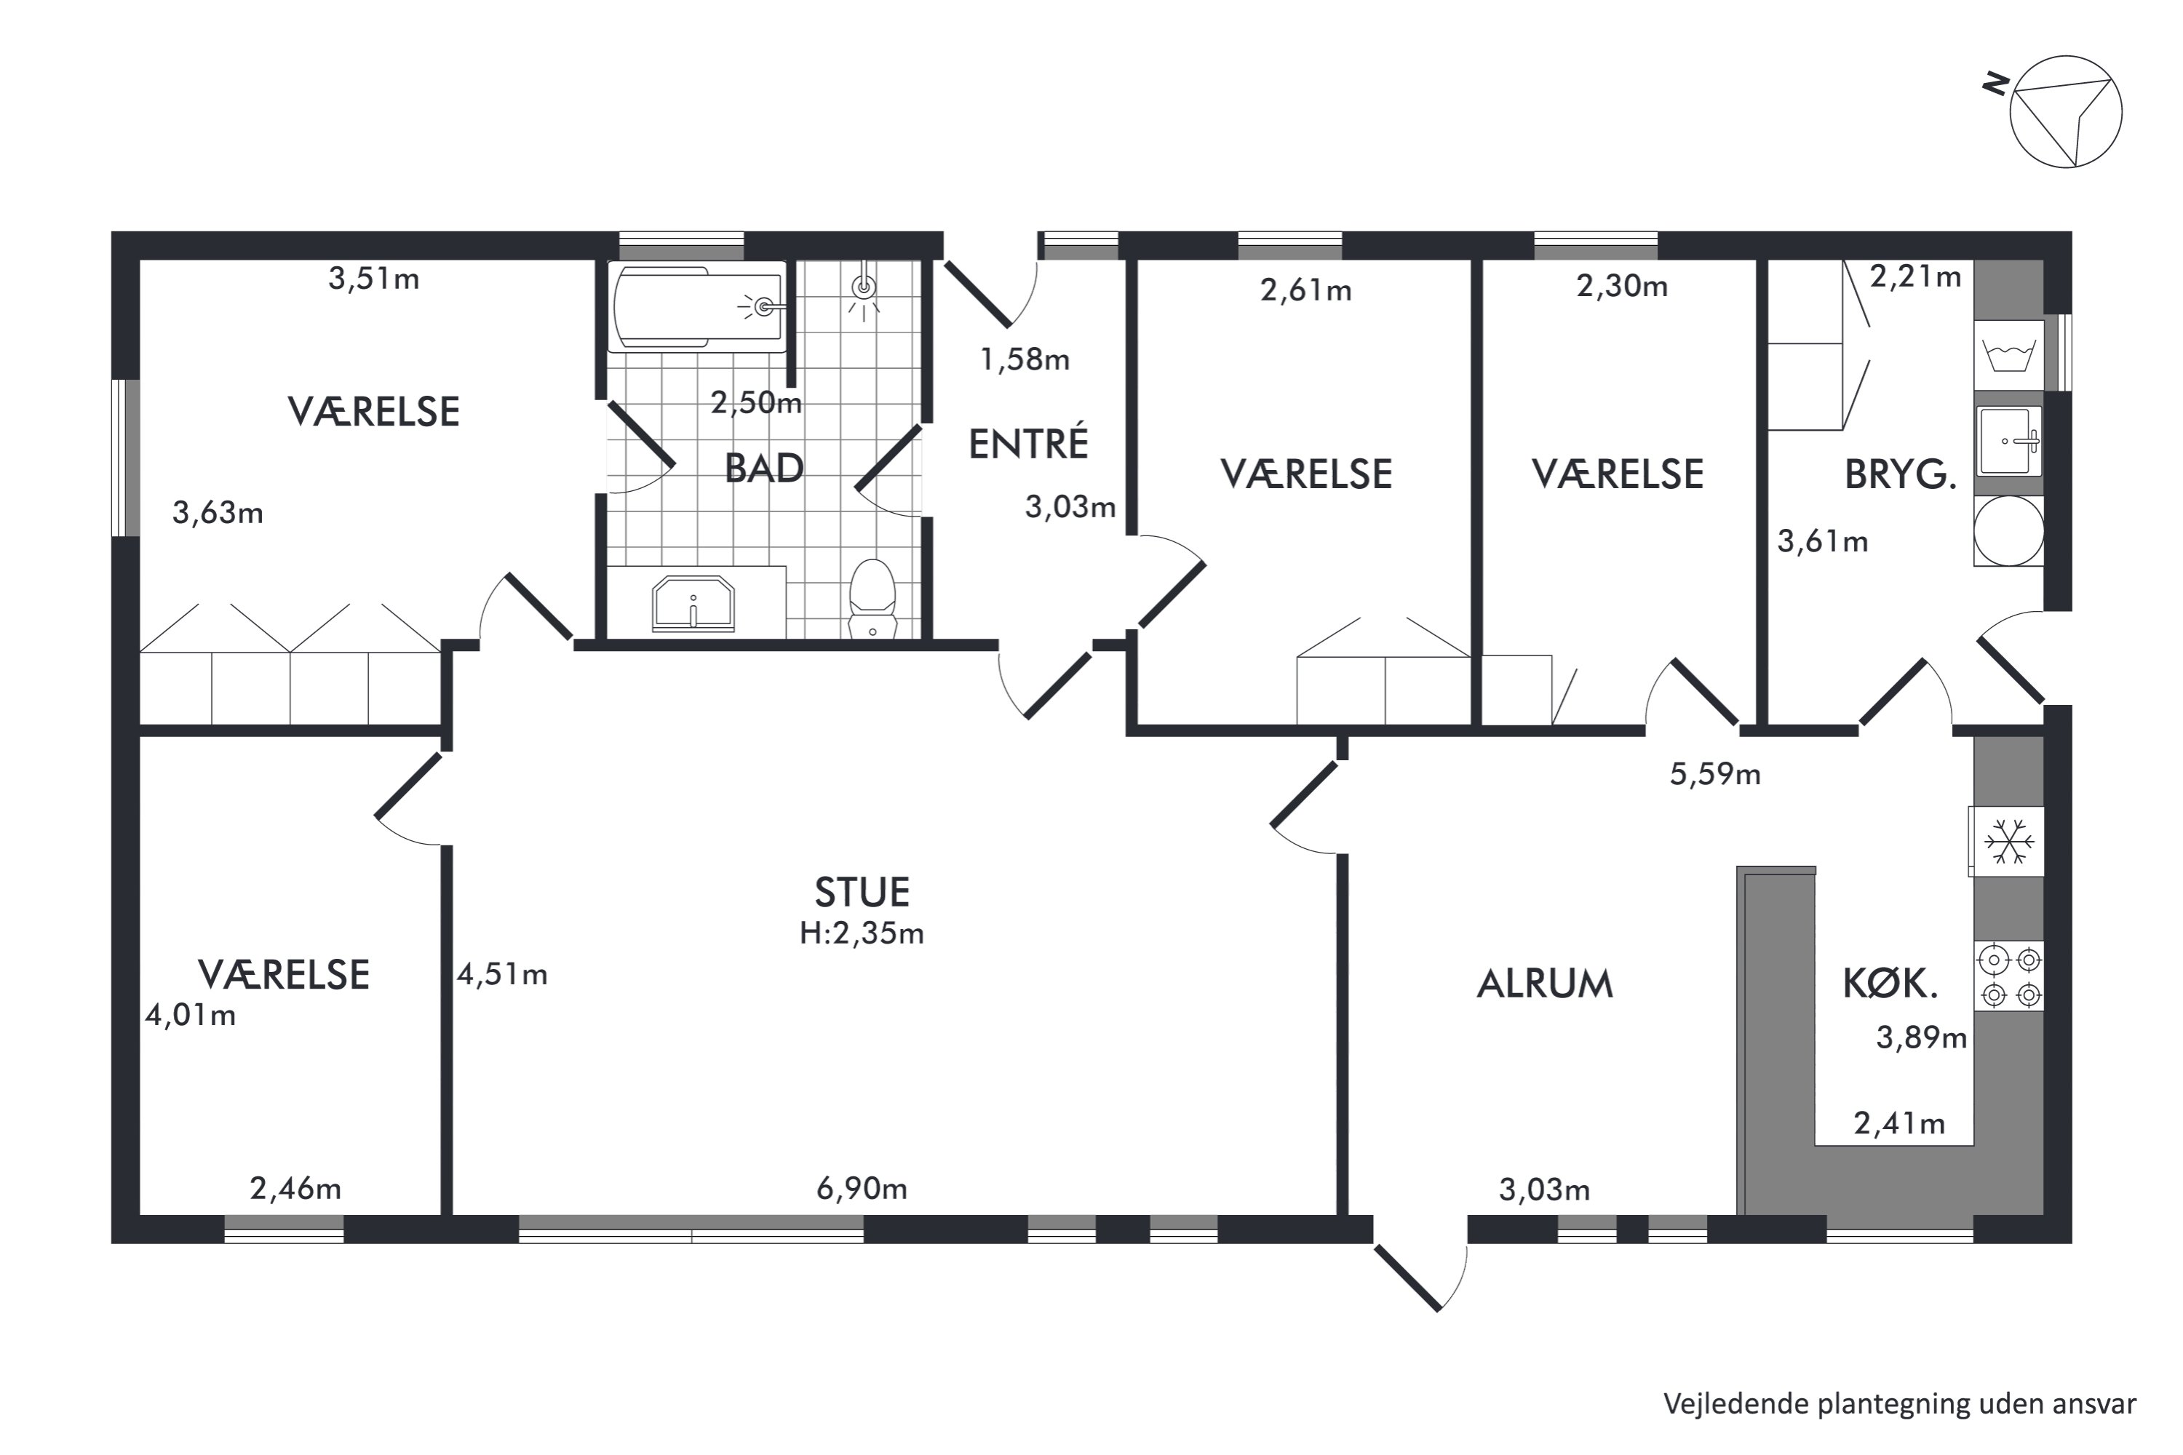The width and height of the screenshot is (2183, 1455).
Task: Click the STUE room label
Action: click(x=862, y=893)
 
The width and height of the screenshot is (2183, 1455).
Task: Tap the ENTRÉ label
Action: click(x=1028, y=444)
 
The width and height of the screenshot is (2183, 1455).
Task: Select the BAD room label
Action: click(x=764, y=469)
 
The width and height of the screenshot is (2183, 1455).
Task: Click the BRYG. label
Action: click(x=1900, y=474)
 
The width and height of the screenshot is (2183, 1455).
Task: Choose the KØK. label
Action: click(x=1890, y=984)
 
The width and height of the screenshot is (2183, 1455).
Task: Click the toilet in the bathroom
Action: click(x=872, y=599)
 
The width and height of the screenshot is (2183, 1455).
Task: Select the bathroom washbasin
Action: click(x=693, y=603)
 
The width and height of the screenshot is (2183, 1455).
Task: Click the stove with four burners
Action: click(x=2008, y=976)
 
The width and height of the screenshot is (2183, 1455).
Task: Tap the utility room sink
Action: click(x=2008, y=441)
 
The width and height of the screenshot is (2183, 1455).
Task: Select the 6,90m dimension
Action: click(x=862, y=1189)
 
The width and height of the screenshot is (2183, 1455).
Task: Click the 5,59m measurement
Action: click(x=1715, y=774)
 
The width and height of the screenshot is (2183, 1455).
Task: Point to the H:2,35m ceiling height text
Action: click(x=862, y=933)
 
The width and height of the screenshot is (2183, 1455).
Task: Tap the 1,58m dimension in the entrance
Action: click(x=1025, y=359)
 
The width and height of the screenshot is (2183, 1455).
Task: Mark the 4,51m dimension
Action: click(x=502, y=974)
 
